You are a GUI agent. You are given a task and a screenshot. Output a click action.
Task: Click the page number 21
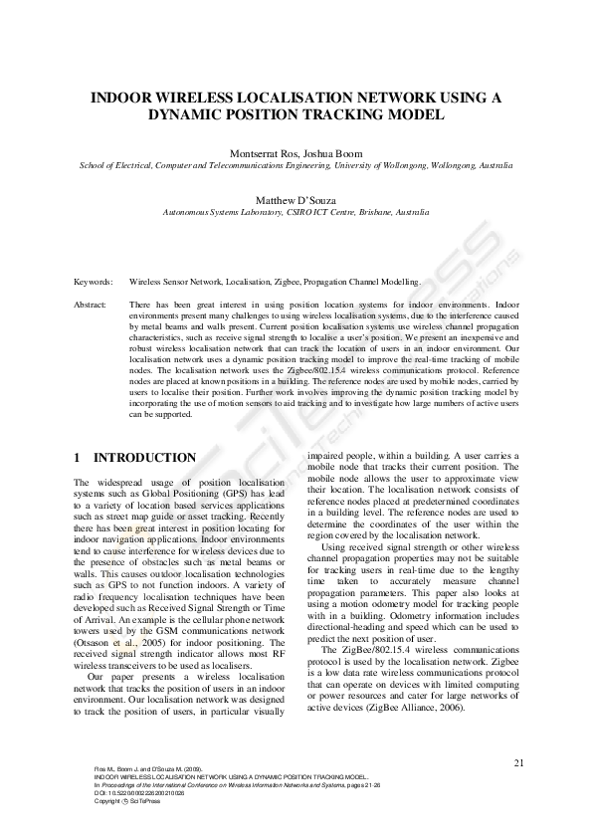click(518, 763)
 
